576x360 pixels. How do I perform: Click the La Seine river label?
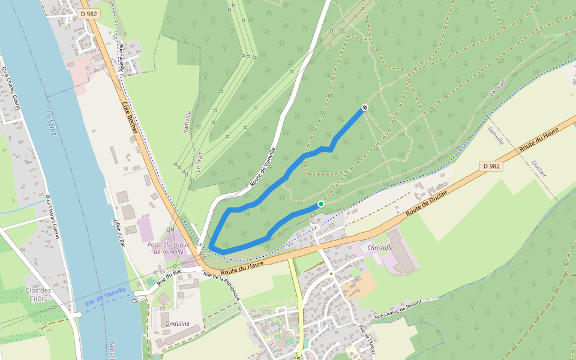point(50,122)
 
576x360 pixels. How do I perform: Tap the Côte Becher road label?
point(130,118)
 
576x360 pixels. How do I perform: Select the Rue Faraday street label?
point(122,58)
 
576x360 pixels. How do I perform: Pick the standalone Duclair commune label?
point(539,169)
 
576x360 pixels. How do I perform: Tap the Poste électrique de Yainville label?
point(169,248)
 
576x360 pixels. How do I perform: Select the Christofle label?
point(380,247)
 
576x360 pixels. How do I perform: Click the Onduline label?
point(176,323)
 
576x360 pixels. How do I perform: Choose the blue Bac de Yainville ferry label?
point(106,297)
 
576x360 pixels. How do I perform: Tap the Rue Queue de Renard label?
point(398,311)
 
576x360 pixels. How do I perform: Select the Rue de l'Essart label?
point(367,339)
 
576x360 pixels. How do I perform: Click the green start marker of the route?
point(321,204)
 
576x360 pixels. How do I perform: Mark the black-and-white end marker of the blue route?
point(364,108)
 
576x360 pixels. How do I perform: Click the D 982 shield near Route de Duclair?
point(491,166)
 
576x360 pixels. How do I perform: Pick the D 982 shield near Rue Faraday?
point(89,14)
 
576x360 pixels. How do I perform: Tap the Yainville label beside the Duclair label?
point(496,136)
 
